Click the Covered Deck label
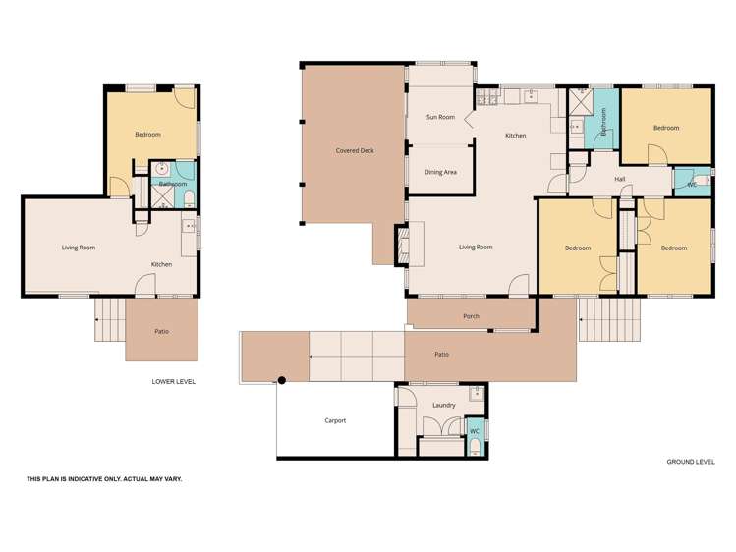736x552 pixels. pos(354,150)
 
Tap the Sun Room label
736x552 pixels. pos(440,117)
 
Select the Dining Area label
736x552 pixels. pos(440,172)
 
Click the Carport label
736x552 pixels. pos(335,420)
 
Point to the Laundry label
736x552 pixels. pos(442,405)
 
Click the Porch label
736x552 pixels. pos(471,316)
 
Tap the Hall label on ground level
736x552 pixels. pos(620,179)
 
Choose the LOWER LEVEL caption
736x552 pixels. pos(168,381)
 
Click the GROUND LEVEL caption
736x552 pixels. pos(691,461)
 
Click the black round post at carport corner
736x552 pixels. pos(280,380)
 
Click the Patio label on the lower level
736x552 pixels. pos(161,331)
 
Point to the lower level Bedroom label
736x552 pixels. pos(147,134)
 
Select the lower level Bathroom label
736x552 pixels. pos(173,184)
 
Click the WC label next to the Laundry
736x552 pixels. pos(474,431)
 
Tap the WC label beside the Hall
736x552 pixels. pos(692,184)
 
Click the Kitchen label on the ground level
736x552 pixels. pos(515,135)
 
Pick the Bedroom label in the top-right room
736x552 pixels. pos(666,127)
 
